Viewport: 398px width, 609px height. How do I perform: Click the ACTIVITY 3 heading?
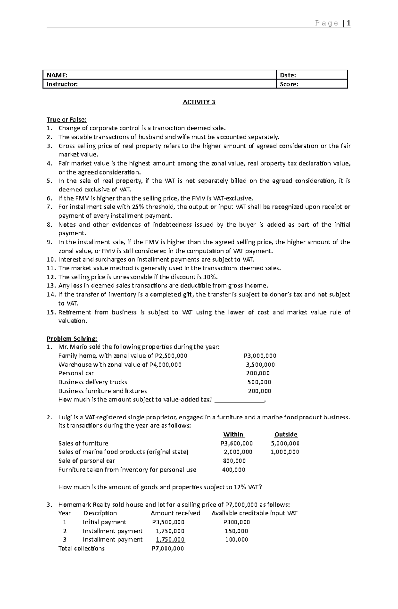coord(199,102)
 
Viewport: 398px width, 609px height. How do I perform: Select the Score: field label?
coord(289,84)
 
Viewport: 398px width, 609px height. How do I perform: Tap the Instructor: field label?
coord(62,84)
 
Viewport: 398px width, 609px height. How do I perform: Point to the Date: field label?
coord(288,75)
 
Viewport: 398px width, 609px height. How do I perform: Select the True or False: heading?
coord(66,119)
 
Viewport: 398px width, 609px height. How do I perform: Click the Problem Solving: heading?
coord(72,338)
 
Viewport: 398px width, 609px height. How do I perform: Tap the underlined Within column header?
coord(233,434)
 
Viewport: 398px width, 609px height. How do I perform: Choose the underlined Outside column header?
coord(286,434)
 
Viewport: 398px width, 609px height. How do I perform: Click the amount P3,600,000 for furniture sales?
coord(236,443)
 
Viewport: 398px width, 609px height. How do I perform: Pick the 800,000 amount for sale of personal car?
coord(234,461)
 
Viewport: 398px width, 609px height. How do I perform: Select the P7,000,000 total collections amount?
coord(167,548)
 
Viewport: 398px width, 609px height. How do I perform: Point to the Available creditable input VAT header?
coord(254,513)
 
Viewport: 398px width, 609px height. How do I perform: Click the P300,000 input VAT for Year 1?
coord(236,522)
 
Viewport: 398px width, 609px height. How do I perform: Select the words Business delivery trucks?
coord(93,382)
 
